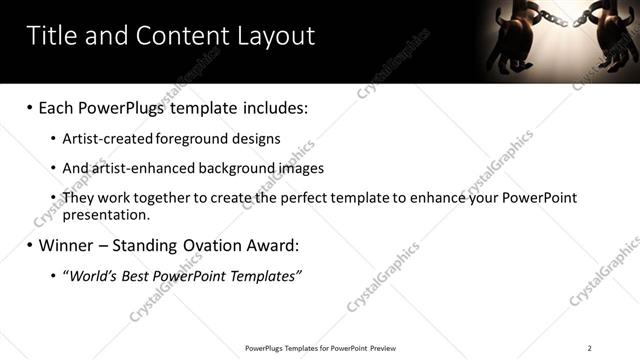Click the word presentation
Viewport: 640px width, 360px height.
105,214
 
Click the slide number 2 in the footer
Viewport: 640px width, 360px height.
589,348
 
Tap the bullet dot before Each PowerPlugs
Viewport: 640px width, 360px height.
30,108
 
